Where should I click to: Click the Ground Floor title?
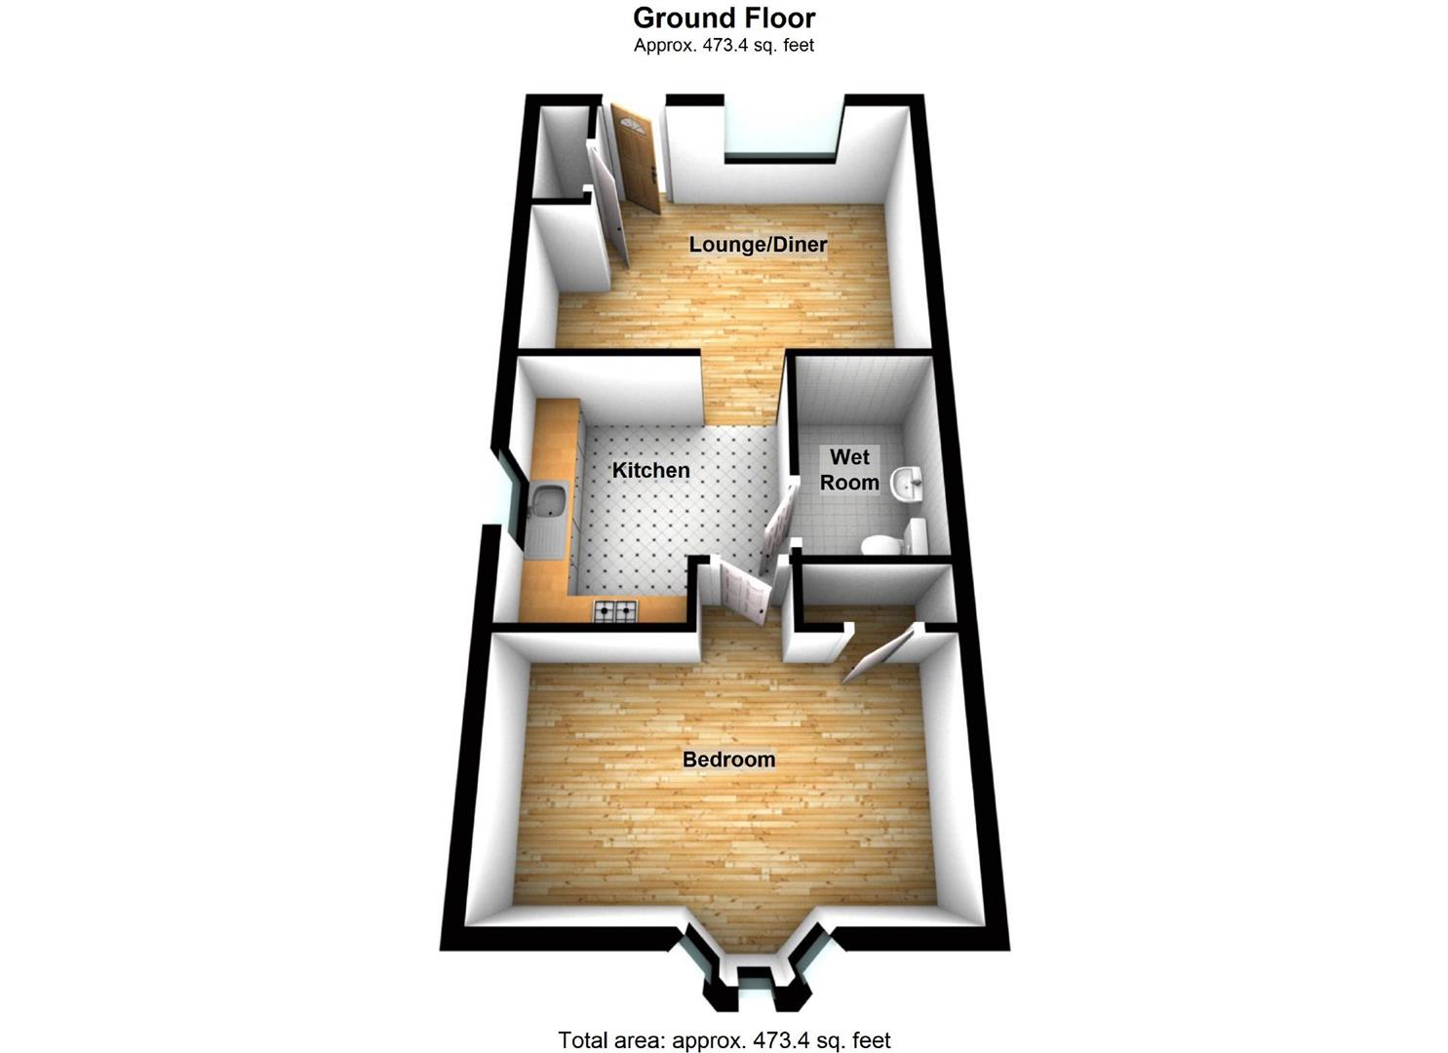pos(724,18)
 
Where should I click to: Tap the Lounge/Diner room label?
pos(758,244)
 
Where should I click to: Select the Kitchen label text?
pos(650,470)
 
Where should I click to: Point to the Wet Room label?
pos(849,469)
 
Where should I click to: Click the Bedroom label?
pos(728,760)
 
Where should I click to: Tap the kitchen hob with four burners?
pos(615,612)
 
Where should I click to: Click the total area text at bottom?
pos(724,1040)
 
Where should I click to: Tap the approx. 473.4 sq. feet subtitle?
pos(724,45)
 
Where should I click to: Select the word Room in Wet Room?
pos(849,483)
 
